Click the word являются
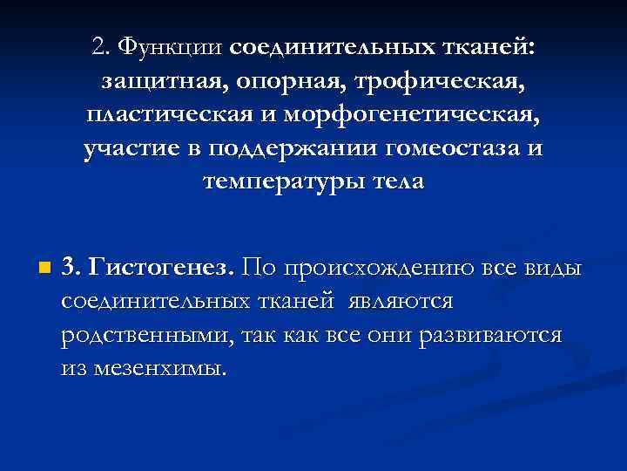[400, 301]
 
